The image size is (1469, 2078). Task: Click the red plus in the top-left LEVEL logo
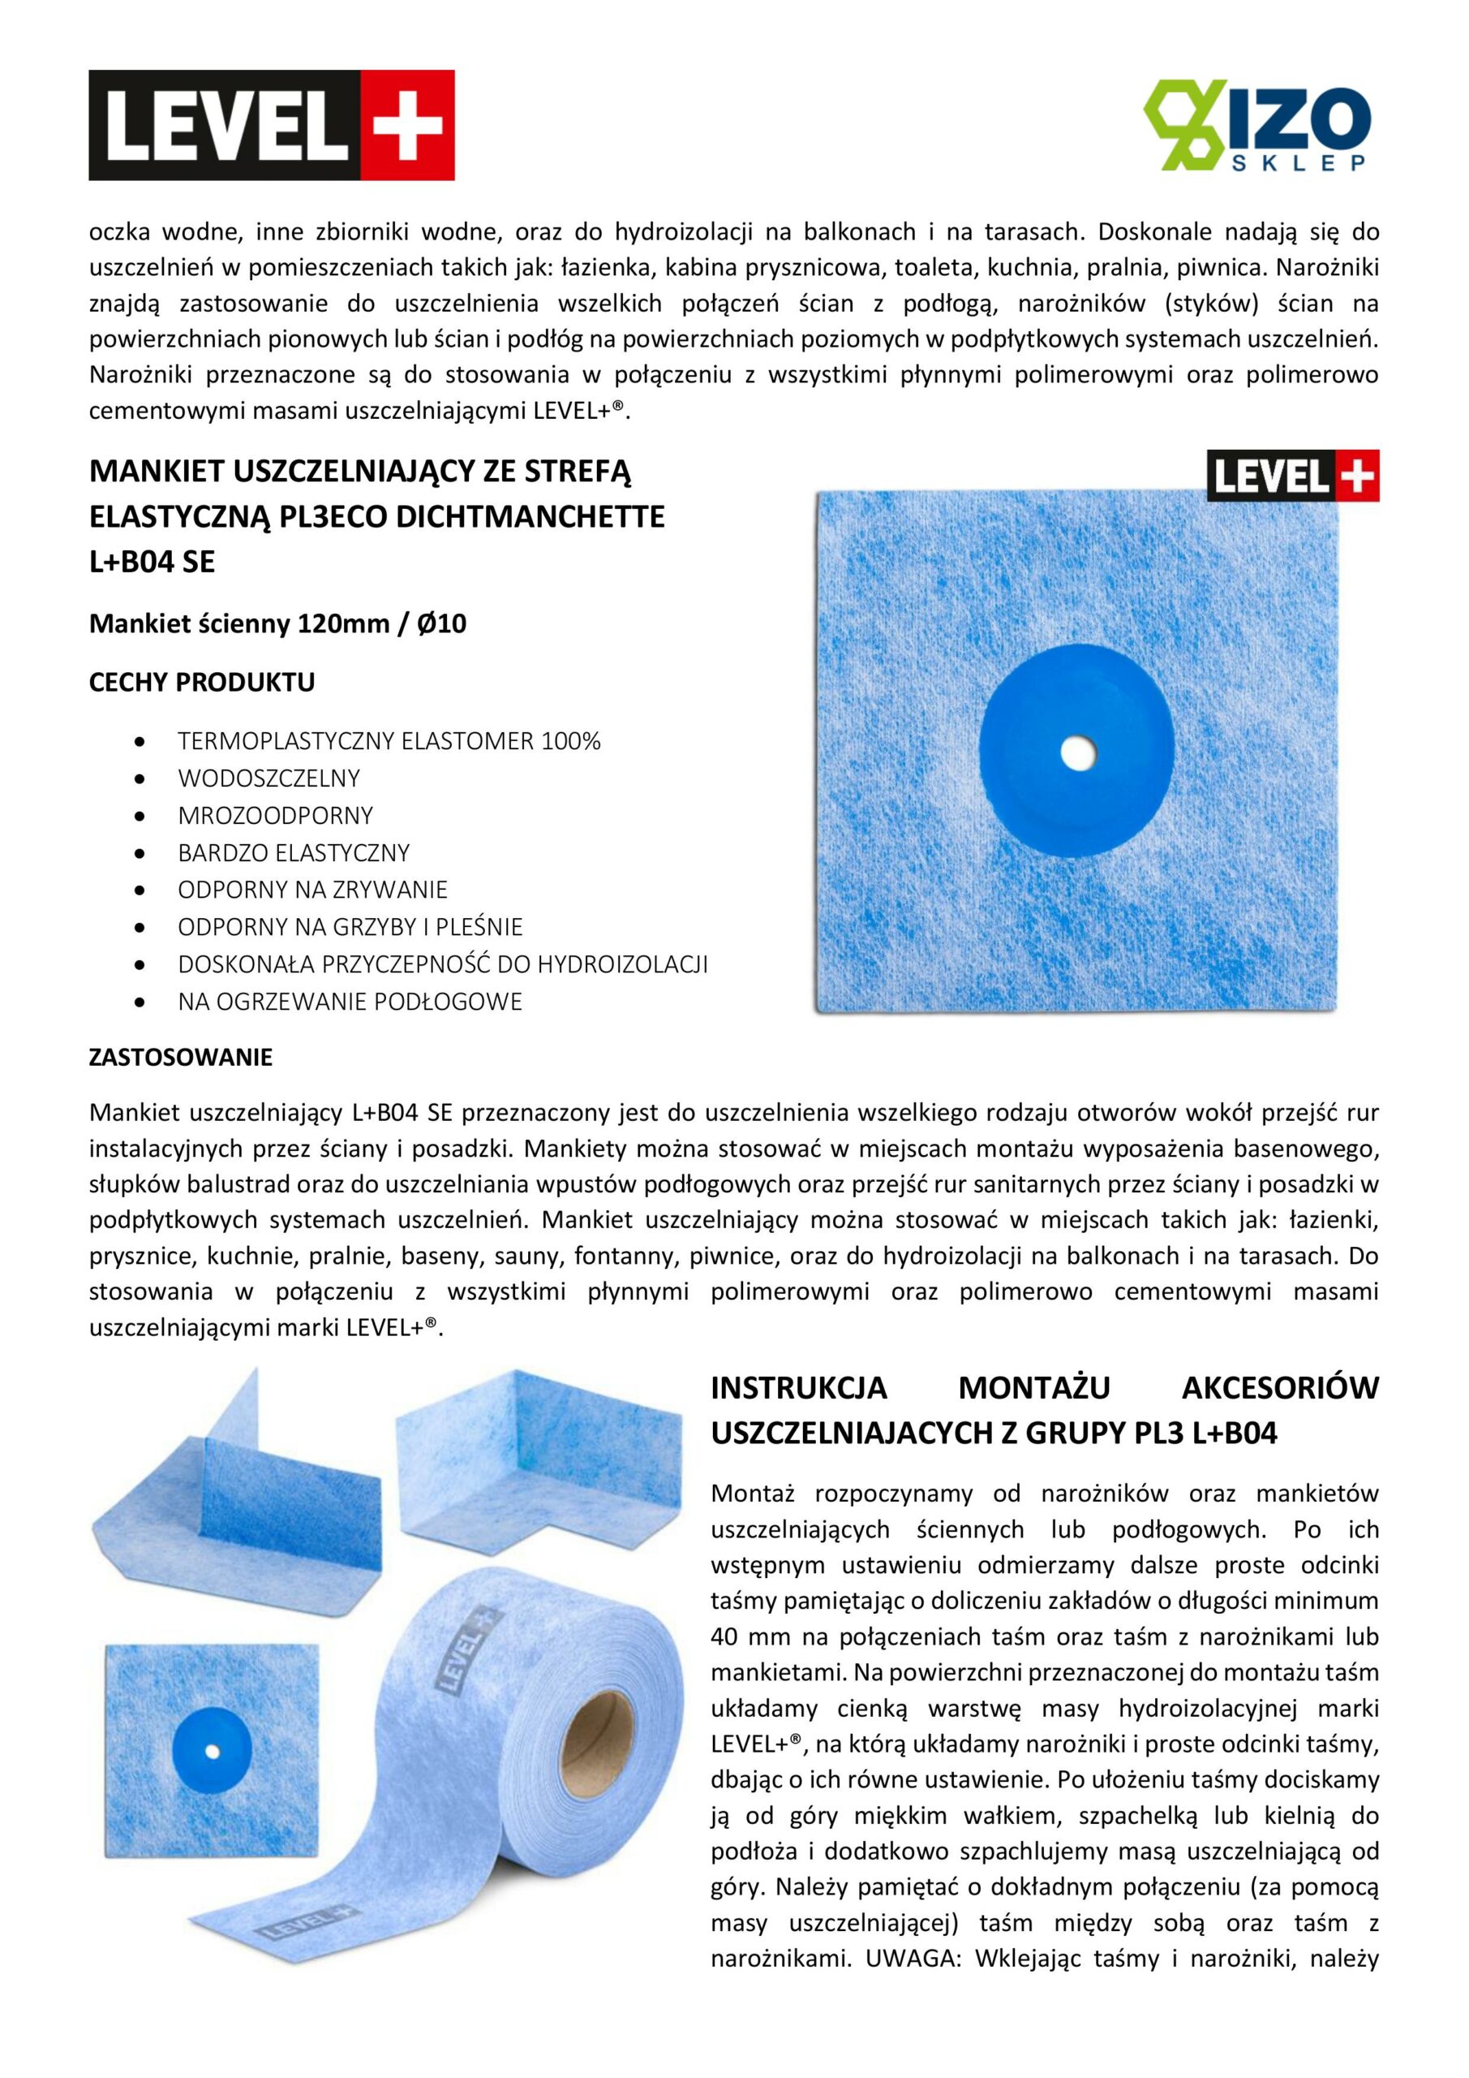(x=407, y=126)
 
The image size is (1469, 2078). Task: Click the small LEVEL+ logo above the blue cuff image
(x=1293, y=475)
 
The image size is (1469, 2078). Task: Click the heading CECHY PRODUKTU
(x=202, y=683)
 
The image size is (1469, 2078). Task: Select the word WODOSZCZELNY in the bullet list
(x=268, y=778)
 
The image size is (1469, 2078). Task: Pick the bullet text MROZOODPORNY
(x=275, y=816)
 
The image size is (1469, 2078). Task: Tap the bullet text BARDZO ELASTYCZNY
(x=293, y=852)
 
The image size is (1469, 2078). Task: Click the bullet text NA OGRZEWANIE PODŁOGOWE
(x=350, y=1001)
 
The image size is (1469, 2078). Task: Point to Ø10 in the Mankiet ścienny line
(x=441, y=623)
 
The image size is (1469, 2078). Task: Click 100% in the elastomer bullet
(x=571, y=741)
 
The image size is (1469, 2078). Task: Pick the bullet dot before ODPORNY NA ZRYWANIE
(x=139, y=890)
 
